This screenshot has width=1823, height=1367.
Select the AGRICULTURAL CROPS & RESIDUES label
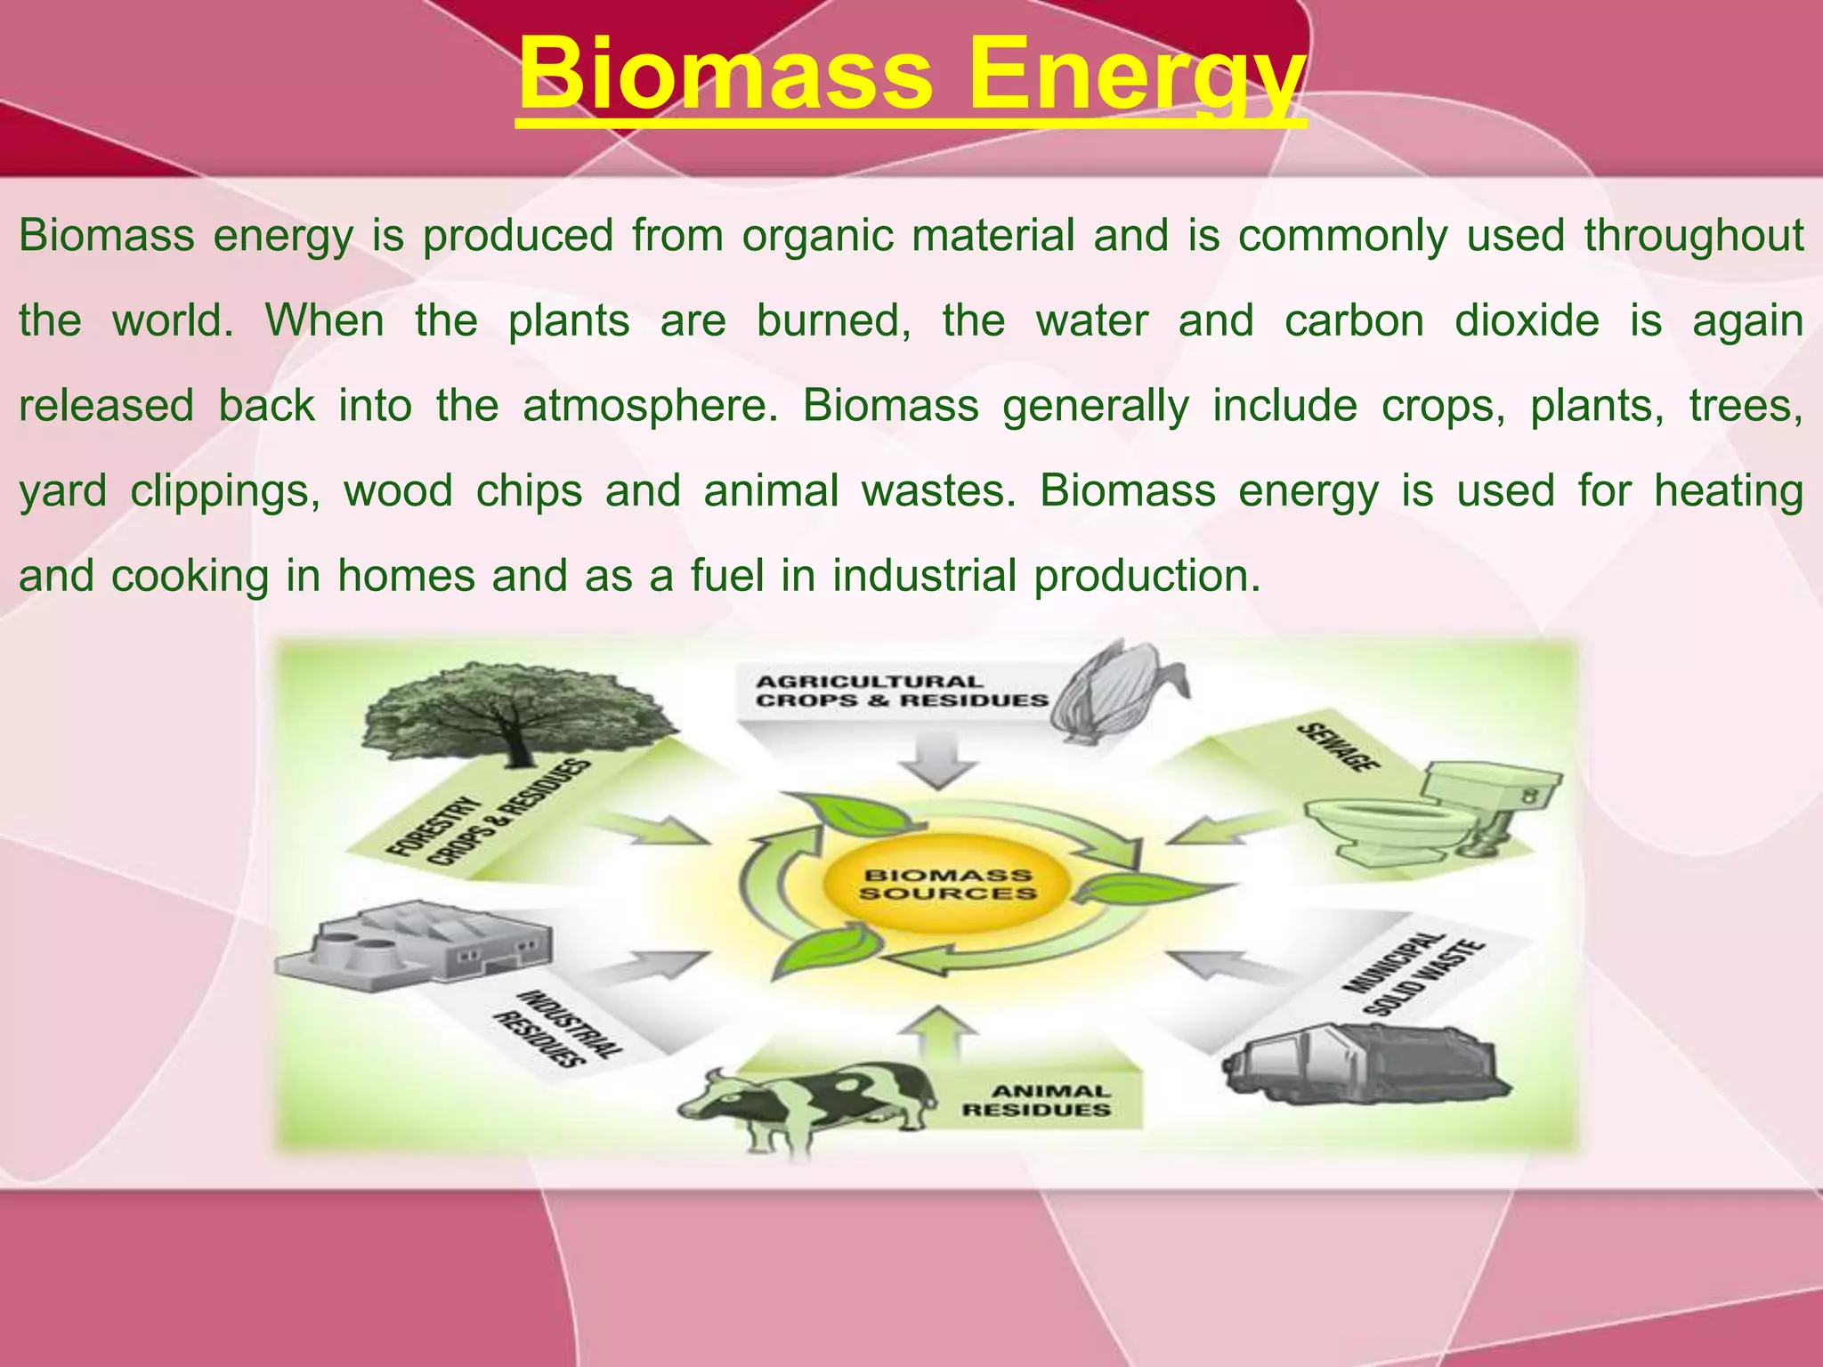(901, 692)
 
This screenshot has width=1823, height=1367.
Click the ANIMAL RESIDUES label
(1036, 1100)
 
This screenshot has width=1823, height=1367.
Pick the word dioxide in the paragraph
(1526, 320)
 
